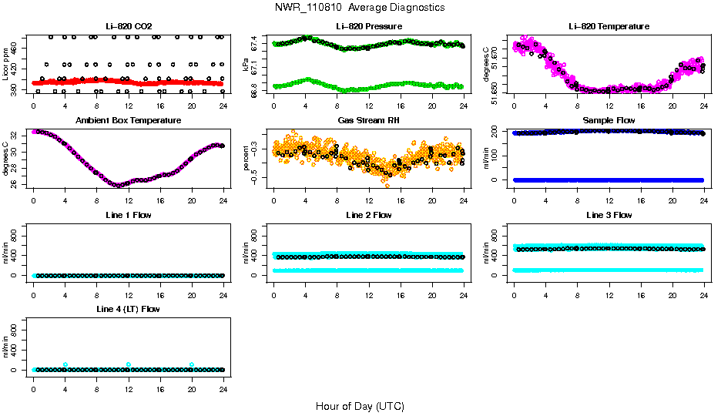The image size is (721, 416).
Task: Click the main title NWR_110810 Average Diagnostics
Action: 360,7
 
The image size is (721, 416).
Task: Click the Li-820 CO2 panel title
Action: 128,26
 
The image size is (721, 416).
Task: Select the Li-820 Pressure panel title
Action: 368,26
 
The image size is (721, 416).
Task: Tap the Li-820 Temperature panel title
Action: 609,26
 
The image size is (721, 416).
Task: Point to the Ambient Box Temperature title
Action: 128,120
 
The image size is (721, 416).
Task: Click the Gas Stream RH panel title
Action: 368,120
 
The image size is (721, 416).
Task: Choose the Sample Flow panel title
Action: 609,120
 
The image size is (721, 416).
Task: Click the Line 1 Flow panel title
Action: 128,215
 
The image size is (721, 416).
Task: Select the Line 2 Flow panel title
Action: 368,215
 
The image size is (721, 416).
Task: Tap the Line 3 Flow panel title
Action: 609,215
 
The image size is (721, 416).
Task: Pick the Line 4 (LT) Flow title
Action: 128,309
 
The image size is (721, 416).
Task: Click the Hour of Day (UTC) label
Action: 360,406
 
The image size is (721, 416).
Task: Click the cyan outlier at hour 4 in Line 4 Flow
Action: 65,364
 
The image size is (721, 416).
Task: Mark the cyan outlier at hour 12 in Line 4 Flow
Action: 129,364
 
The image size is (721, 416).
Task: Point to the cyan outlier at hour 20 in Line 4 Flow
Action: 192,364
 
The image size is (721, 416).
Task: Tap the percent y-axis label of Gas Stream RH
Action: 246,159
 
